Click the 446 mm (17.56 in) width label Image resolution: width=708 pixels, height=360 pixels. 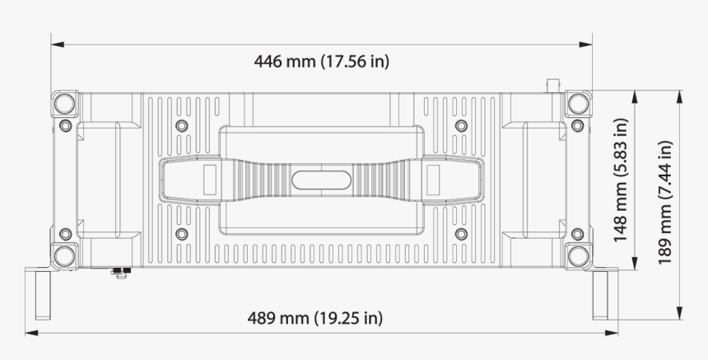tap(321, 62)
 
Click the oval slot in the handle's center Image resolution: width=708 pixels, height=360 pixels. tap(321, 179)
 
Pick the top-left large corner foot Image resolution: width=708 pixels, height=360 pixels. tap(65, 104)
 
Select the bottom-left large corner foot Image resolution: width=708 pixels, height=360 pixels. tap(65, 254)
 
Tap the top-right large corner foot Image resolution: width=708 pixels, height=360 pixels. tap(579, 104)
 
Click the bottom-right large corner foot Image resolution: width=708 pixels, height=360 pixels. tap(579, 254)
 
